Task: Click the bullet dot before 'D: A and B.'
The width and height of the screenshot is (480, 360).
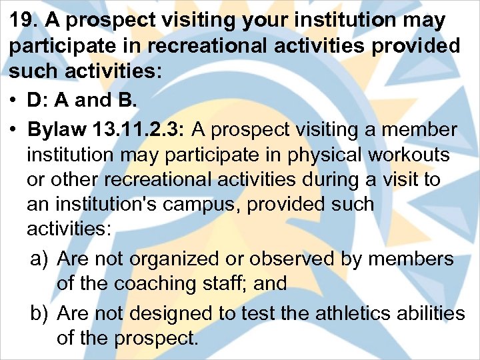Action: [14, 101]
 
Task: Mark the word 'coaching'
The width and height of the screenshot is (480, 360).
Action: [157, 283]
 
